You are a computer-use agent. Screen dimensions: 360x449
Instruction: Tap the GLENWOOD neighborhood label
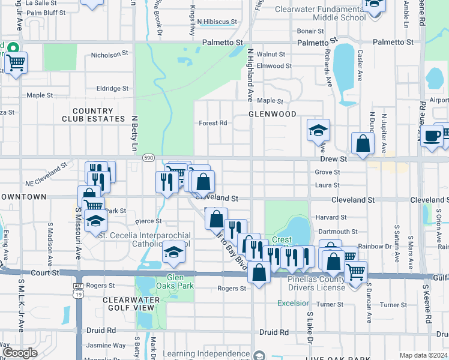point(273,114)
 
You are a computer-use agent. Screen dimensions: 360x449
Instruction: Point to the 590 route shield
point(149,157)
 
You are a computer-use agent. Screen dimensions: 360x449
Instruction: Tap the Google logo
point(20,353)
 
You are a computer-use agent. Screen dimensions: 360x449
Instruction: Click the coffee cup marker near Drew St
point(431,137)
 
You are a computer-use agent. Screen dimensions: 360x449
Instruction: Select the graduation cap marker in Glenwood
point(318,130)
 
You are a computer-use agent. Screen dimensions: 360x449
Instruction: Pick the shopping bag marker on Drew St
point(363,144)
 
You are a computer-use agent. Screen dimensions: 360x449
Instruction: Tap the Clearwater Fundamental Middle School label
point(321,13)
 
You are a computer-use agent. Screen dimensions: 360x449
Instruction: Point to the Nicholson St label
point(109,54)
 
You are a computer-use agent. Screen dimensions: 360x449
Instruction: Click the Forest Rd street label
point(213,123)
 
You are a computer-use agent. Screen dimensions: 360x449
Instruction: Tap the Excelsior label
point(293,303)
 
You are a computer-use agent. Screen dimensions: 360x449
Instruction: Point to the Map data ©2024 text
point(423,355)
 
